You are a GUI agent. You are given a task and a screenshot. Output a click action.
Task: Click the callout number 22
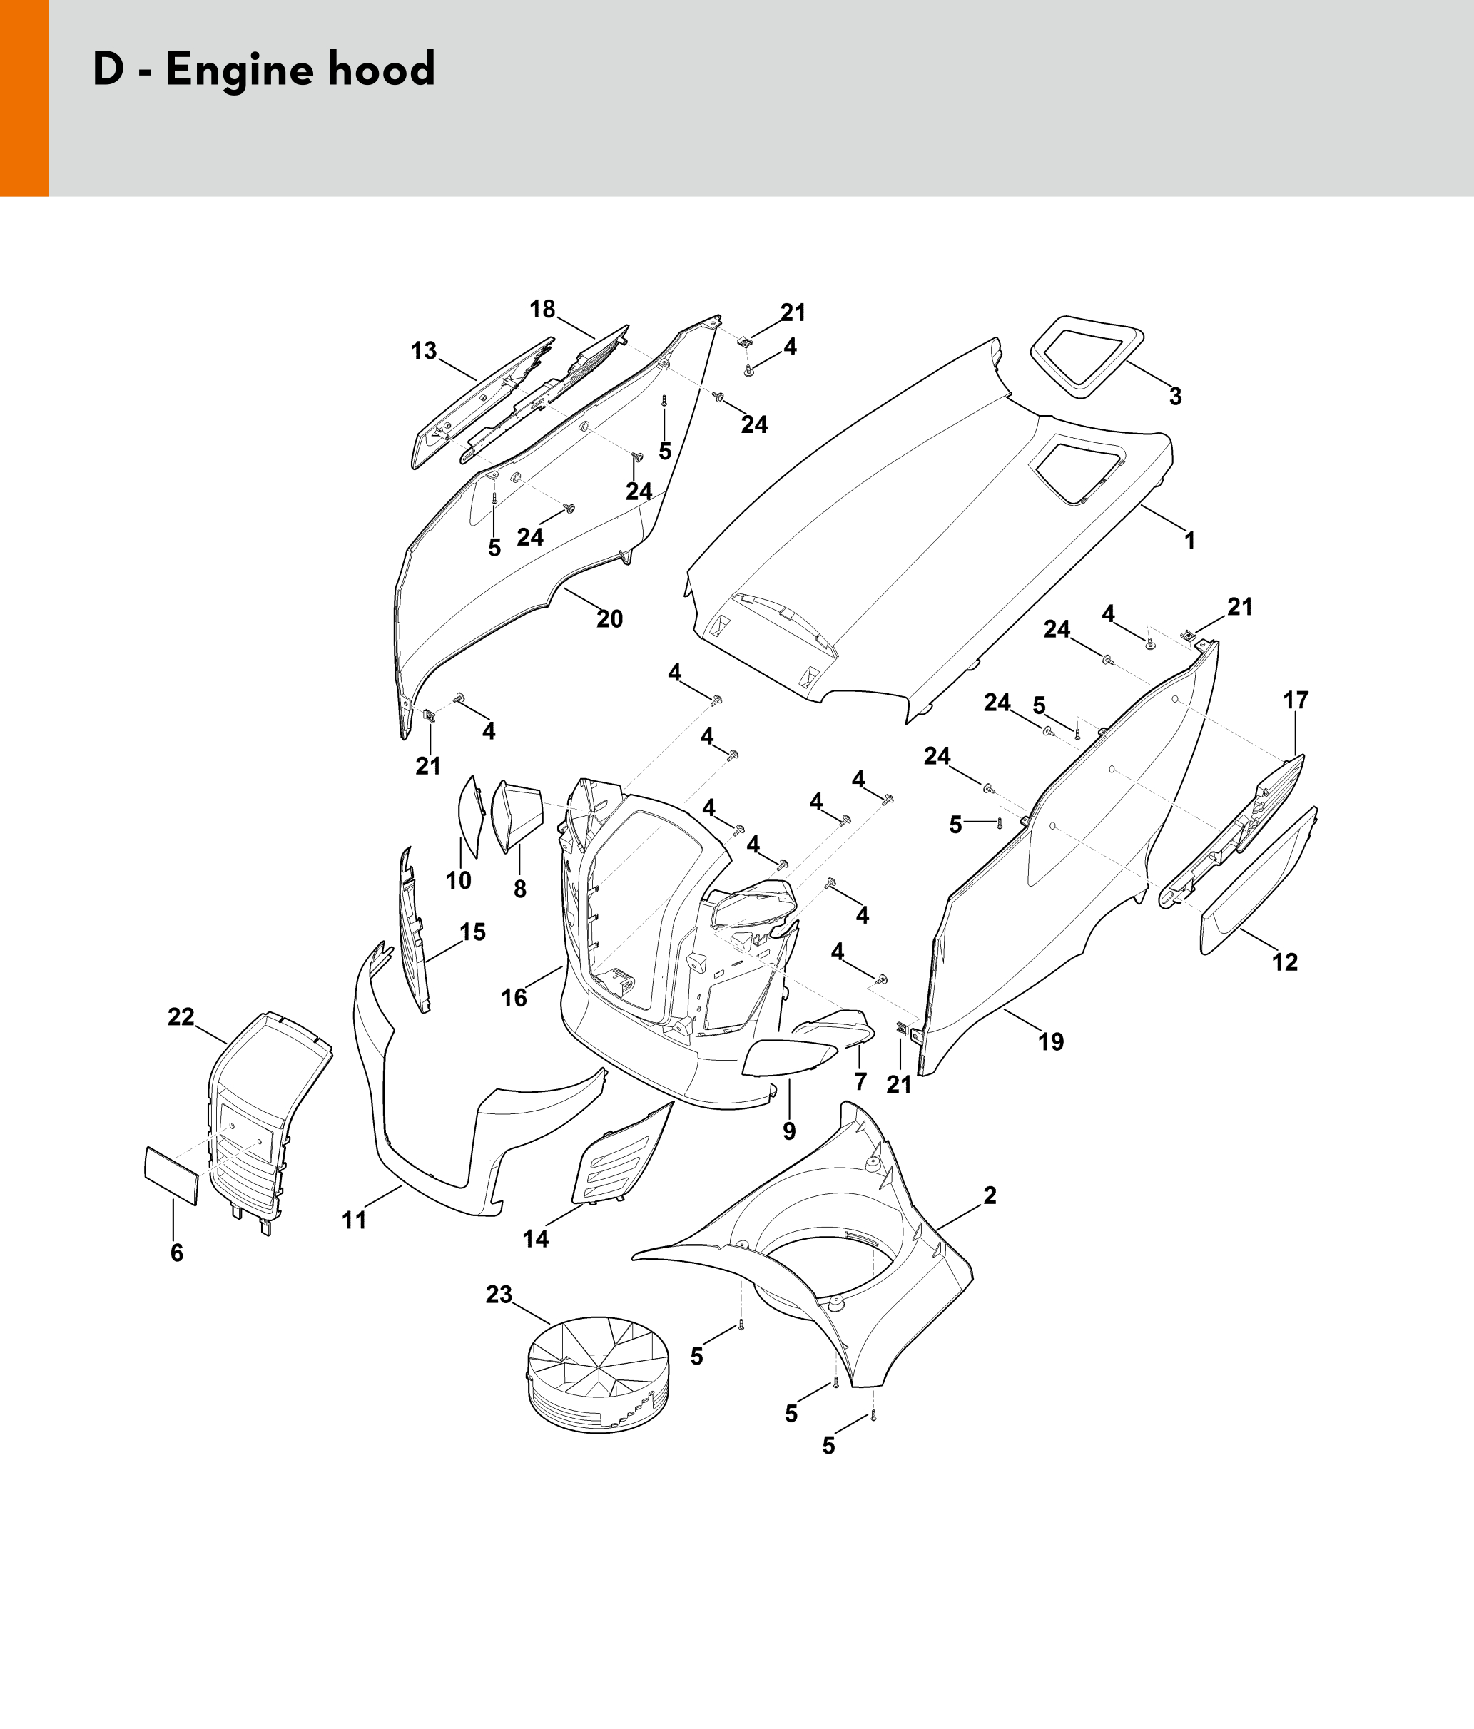point(181,1016)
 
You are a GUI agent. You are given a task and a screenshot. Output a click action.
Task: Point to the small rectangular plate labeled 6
point(172,1175)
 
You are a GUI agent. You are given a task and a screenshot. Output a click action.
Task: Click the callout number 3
point(1175,397)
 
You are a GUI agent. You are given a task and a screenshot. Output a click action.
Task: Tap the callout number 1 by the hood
point(1189,541)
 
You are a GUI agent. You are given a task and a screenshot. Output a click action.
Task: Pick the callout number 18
point(542,310)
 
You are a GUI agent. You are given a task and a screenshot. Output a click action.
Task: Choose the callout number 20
point(609,618)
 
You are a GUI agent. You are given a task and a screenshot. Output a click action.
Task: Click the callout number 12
point(1284,962)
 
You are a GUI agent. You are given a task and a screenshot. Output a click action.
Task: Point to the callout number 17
point(1296,700)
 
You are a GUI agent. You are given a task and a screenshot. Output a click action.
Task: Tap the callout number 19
point(1051,1041)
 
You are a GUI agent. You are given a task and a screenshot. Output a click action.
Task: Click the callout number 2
point(990,1195)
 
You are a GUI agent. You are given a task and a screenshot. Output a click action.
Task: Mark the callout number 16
point(514,997)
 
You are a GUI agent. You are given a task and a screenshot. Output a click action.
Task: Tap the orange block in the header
point(24,98)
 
